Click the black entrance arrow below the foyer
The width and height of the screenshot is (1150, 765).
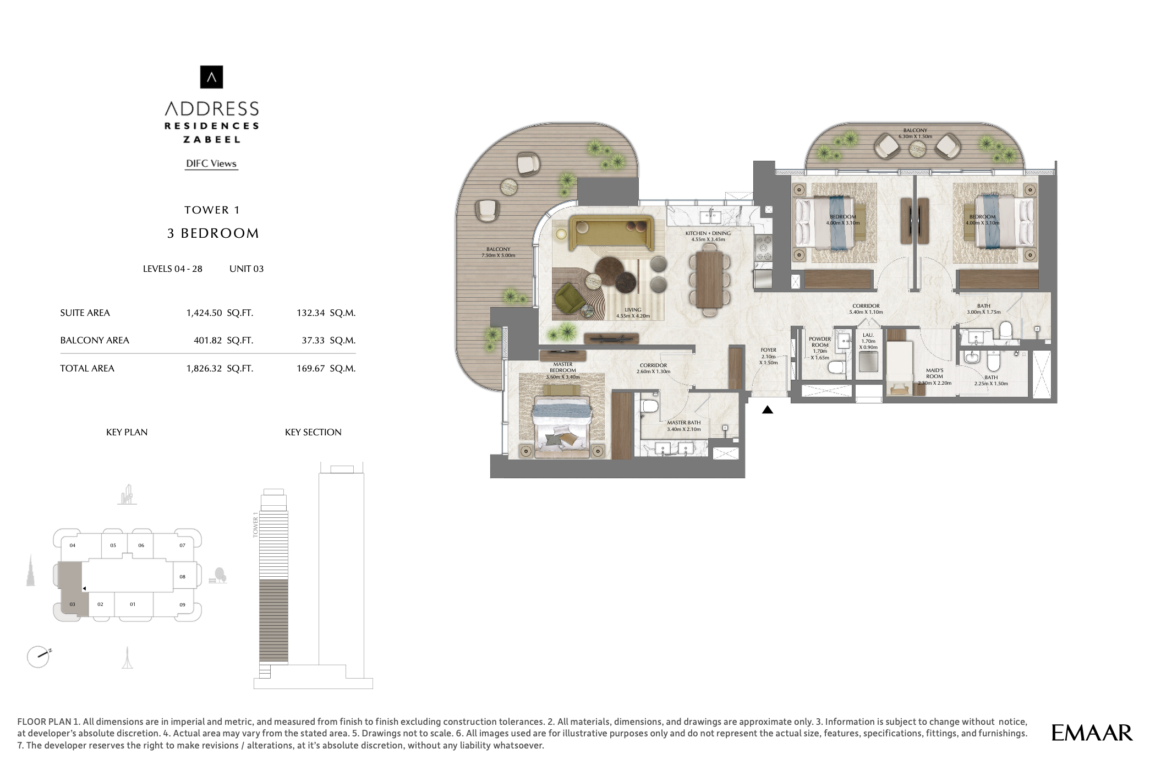pyautogui.click(x=767, y=410)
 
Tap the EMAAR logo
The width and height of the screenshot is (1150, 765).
pyautogui.click(x=1092, y=733)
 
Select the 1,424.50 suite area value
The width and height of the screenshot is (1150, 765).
pyautogui.click(x=204, y=313)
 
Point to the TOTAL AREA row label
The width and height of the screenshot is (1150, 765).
pyautogui.click(x=87, y=368)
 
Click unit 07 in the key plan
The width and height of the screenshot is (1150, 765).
pyautogui.click(x=182, y=545)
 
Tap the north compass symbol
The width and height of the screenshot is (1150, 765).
pyautogui.click(x=39, y=656)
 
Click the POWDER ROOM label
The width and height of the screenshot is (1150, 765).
pyautogui.click(x=820, y=342)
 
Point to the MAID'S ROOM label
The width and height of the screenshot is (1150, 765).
pyautogui.click(x=934, y=374)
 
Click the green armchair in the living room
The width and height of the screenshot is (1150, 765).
pyautogui.click(x=570, y=298)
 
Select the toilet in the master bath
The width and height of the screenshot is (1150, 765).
pyautogui.click(x=650, y=407)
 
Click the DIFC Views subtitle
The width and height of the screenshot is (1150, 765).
pyautogui.click(x=211, y=163)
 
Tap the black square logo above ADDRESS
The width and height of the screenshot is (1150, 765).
pyautogui.click(x=211, y=77)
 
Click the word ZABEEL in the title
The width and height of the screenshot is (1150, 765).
pyautogui.click(x=211, y=140)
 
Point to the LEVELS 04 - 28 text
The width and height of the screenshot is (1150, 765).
pyautogui.click(x=172, y=269)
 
